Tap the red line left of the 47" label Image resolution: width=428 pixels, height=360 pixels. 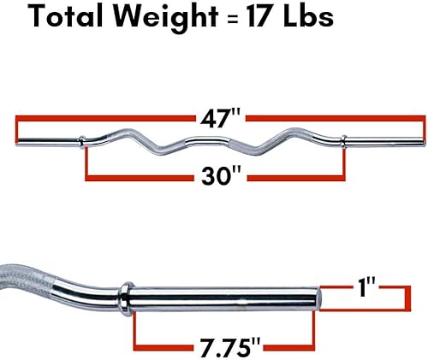click(x=103, y=117)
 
